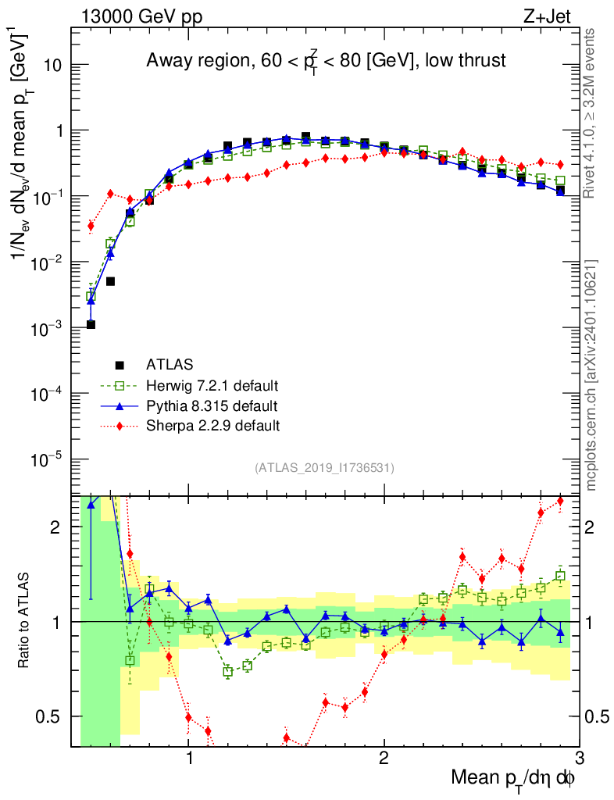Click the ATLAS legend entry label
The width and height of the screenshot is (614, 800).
[x=170, y=364]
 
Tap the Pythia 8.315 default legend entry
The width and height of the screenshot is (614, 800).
[x=211, y=405]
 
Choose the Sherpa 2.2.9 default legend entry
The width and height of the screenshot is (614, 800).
[x=212, y=426]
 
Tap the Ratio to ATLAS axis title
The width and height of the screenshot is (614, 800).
[x=24, y=620]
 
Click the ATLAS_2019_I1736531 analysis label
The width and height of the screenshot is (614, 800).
[x=324, y=468]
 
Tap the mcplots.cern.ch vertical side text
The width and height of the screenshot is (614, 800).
[x=591, y=375]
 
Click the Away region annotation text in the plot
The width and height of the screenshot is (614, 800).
[x=327, y=60]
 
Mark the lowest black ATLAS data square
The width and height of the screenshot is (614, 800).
[x=91, y=324]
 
